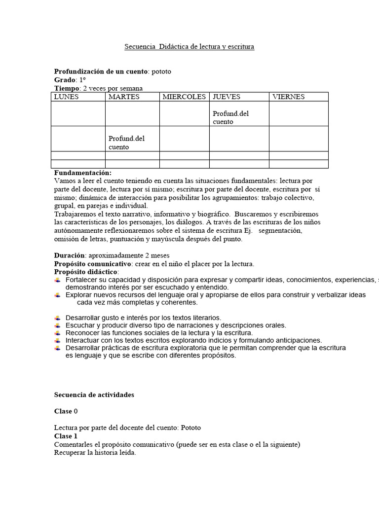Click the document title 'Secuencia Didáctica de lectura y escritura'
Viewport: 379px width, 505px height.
click(189, 47)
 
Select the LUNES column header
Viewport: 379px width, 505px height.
click(66, 97)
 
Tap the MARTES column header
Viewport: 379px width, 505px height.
click(124, 97)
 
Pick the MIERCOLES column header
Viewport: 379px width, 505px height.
click(184, 97)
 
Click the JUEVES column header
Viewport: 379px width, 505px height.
click(226, 97)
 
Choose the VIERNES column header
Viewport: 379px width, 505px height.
click(288, 97)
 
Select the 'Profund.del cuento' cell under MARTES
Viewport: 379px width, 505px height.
click(126, 143)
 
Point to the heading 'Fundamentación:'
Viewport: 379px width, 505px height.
click(83, 173)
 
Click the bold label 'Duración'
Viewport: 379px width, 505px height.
click(69, 255)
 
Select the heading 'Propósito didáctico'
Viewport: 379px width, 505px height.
click(86, 272)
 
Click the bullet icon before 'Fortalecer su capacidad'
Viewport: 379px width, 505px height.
click(58, 280)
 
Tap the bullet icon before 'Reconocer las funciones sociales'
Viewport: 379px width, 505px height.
click(58, 333)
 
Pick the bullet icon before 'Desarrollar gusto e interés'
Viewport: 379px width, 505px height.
click(58, 318)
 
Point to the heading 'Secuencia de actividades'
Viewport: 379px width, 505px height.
click(94, 395)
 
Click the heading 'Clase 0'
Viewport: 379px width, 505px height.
click(66, 411)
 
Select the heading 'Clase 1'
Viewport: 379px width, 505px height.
click(66, 436)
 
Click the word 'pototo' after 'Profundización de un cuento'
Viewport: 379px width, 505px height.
click(161, 72)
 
